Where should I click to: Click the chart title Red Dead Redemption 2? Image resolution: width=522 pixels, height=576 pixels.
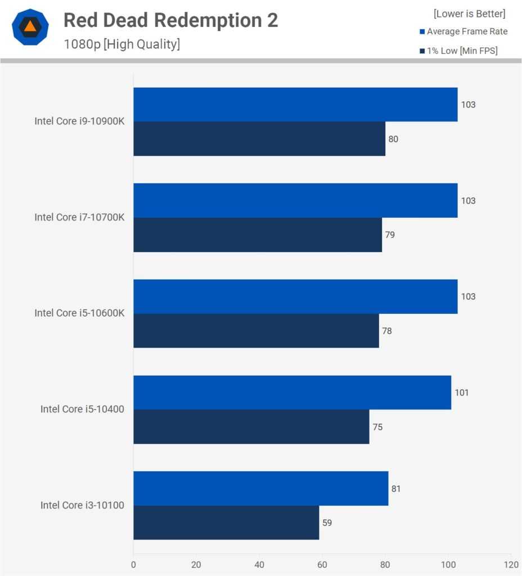pyautogui.click(x=170, y=20)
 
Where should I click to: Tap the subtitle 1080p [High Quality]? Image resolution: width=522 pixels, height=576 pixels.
pyautogui.click(x=121, y=44)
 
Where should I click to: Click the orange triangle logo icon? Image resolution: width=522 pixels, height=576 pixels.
pyautogui.click(x=30, y=26)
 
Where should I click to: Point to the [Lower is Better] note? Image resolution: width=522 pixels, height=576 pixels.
pyautogui.click(x=469, y=13)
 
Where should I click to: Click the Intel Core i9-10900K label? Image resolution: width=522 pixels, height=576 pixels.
pyautogui.click(x=79, y=121)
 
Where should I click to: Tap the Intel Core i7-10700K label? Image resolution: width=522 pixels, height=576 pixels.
pyautogui.click(x=79, y=217)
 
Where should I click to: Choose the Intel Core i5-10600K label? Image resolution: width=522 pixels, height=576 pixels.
pyautogui.click(x=79, y=313)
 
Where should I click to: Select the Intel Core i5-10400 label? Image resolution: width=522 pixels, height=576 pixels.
pyautogui.click(x=82, y=409)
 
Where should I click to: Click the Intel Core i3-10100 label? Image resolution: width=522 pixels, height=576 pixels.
pyautogui.click(x=82, y=505)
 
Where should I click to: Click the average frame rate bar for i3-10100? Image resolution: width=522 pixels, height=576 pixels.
pyautogui.click(x=260, y=488)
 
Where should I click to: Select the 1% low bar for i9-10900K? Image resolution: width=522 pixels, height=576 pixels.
pyautogui.click(x=259, y=138)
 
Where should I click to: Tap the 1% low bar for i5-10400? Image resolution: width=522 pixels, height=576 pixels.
pyautogui.click(x=251, y=426)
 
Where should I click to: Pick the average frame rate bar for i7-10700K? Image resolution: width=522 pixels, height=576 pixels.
pyautogui.click(x=295, y=200)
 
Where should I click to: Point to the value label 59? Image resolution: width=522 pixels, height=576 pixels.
pyautogui.click(x=327, y=523)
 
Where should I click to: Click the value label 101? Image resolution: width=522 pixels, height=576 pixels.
pyautogui.click(x=461, y=393)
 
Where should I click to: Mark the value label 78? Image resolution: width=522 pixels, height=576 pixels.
pyautogui.click(x=387, y=331)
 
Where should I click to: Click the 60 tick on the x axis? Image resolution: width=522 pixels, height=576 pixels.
pyautogui.click(x=322, y=564)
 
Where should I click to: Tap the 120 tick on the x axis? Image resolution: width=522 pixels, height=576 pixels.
pyautogui.click(x=511, y=564)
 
